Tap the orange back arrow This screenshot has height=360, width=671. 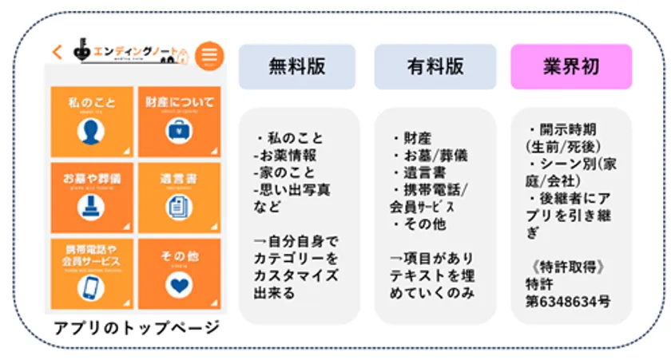[57, 52]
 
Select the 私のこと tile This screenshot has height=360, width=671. [92, 121]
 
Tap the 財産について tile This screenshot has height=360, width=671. [180, 121]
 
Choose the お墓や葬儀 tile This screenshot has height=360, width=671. [92, 196]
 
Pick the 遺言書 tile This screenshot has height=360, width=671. [180, 196]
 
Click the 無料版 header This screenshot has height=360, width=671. [297, 66]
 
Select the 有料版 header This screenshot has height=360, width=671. [435, 66]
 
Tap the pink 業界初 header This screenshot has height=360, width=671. [571, 66]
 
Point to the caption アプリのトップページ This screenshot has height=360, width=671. [137, 328]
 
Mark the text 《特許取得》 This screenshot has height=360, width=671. [563, 267]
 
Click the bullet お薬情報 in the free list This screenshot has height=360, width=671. [286, 156]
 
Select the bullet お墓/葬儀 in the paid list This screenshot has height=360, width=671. [432, 156]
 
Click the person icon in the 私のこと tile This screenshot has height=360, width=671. [91, 133]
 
